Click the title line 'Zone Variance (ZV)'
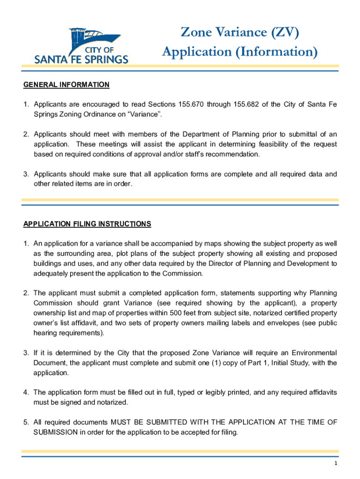pyautogui.click(x=239, y=32)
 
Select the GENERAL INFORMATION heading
pyautogui.click(x=66, y=85)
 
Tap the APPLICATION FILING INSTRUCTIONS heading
pyautogui.click(x=87, y=224)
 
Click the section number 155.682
pyautogui.click(x=249, y=104)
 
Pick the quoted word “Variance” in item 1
pyautogui.click(x=147, y=114)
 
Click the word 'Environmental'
pyautogui.click(x=313, y=353)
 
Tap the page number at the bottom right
pyautogui.click(x=336, y=463)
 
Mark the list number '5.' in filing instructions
pyautogui.click(x=27, y=422)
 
